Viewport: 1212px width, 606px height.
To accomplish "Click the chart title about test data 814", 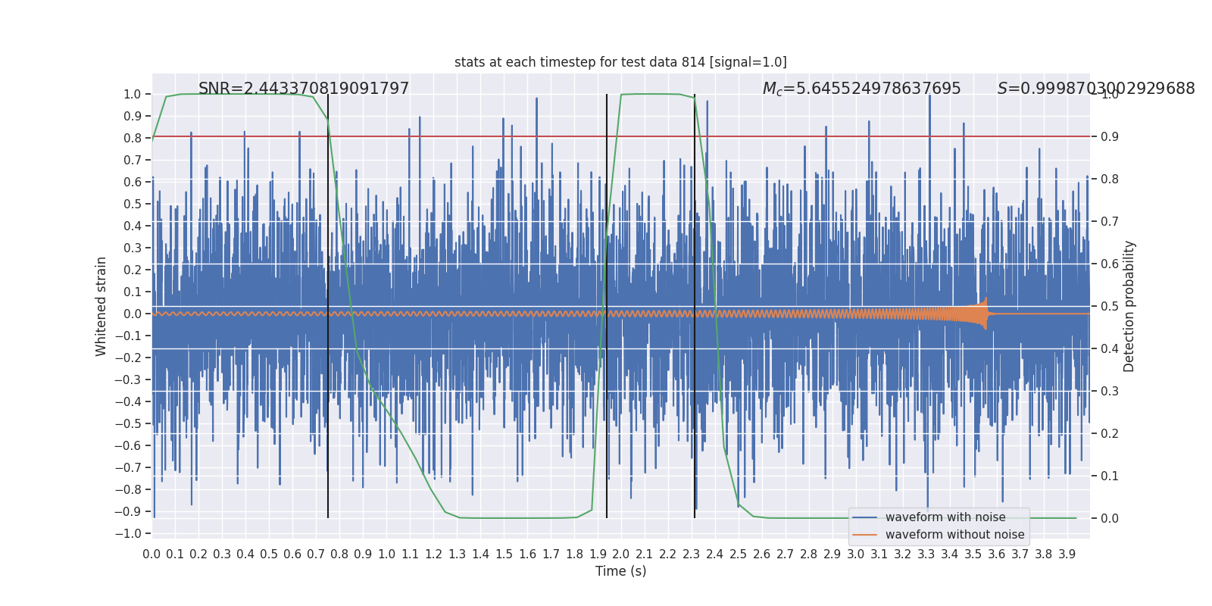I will pyautogui.click(x=620, y=62).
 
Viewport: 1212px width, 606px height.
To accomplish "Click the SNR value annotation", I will pyautogui.click(x=304, y=89).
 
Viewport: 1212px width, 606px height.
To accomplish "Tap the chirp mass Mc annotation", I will pyautogui.click(x=861, y=89).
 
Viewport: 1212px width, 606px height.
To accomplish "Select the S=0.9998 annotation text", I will pyautogui.click(x=1095, y=89).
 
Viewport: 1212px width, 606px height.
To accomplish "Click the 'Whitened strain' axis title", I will pyautogui.click(x=102, y=306).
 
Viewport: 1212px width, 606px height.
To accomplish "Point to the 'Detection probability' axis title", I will pyautogui.click(x=1129, y=306).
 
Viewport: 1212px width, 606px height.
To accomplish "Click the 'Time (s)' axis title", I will pyautogui.click(x=620, y=571).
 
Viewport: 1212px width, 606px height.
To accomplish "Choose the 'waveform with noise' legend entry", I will pyautogui.click(x=945, y=517).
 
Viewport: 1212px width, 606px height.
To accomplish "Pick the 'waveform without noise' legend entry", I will pyautogui.click(x=954, y=535).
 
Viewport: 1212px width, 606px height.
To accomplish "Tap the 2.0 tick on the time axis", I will pyautogui.click(x=621, y=554).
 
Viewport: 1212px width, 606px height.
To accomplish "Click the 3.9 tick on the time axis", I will pyautogui.click(x=1067, y=554).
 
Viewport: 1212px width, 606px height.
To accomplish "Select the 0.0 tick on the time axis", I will pyautogui.click(x=151, y=554).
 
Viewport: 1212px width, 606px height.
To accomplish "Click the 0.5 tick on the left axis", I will pyautogui.click(x=133, y=204).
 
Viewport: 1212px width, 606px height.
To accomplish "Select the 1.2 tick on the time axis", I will pyautogui.click(x=433, y=554).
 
